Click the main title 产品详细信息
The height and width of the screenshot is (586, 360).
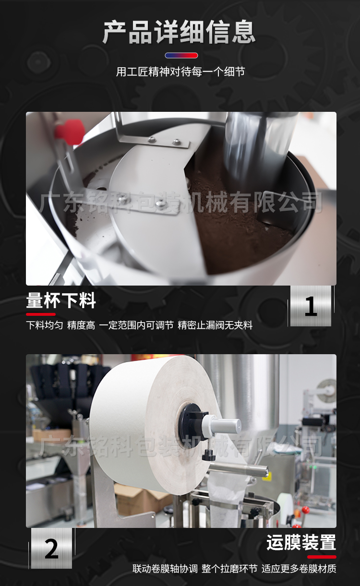tap(179, 32)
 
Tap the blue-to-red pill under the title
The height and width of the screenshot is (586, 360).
tap(181, 56)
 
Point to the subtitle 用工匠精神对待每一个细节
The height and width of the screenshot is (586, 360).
tap(180, 72)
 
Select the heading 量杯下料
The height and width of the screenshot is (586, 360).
tap(61, 300)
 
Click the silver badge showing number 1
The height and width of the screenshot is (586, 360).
tap(311, 306)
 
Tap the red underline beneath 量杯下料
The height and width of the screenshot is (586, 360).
tap(41, 314)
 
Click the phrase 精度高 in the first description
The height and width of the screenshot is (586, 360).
tap(81, 325)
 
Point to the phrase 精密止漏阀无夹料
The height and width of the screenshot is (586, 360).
tap(215, 325)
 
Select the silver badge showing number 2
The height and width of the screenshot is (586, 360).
tap(51, 549)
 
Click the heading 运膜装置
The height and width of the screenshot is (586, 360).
tap(301, 542)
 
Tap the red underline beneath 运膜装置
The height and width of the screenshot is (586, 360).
tap(322, 557)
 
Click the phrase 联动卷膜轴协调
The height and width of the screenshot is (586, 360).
tap(165, 568)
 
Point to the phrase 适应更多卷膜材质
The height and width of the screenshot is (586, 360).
tap(299, 568)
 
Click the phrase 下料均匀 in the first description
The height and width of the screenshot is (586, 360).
tap(45, 325)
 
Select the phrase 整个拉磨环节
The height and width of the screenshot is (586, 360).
tap(229, 568)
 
